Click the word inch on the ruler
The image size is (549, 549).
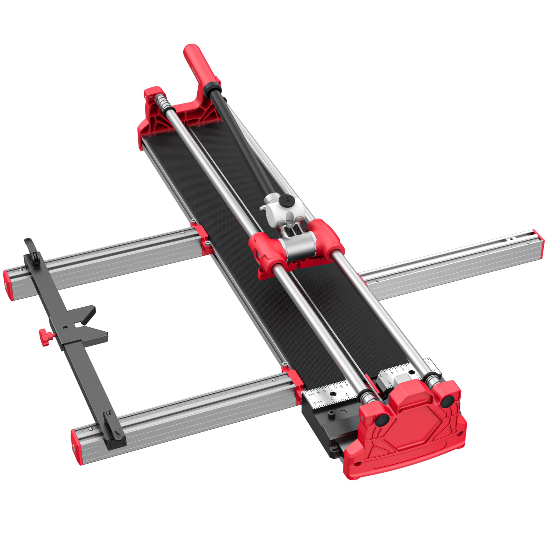(317, 402)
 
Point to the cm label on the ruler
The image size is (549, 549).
(312, 394)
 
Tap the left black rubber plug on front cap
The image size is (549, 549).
(382, 419)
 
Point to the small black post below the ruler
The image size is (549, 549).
(330, 414)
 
